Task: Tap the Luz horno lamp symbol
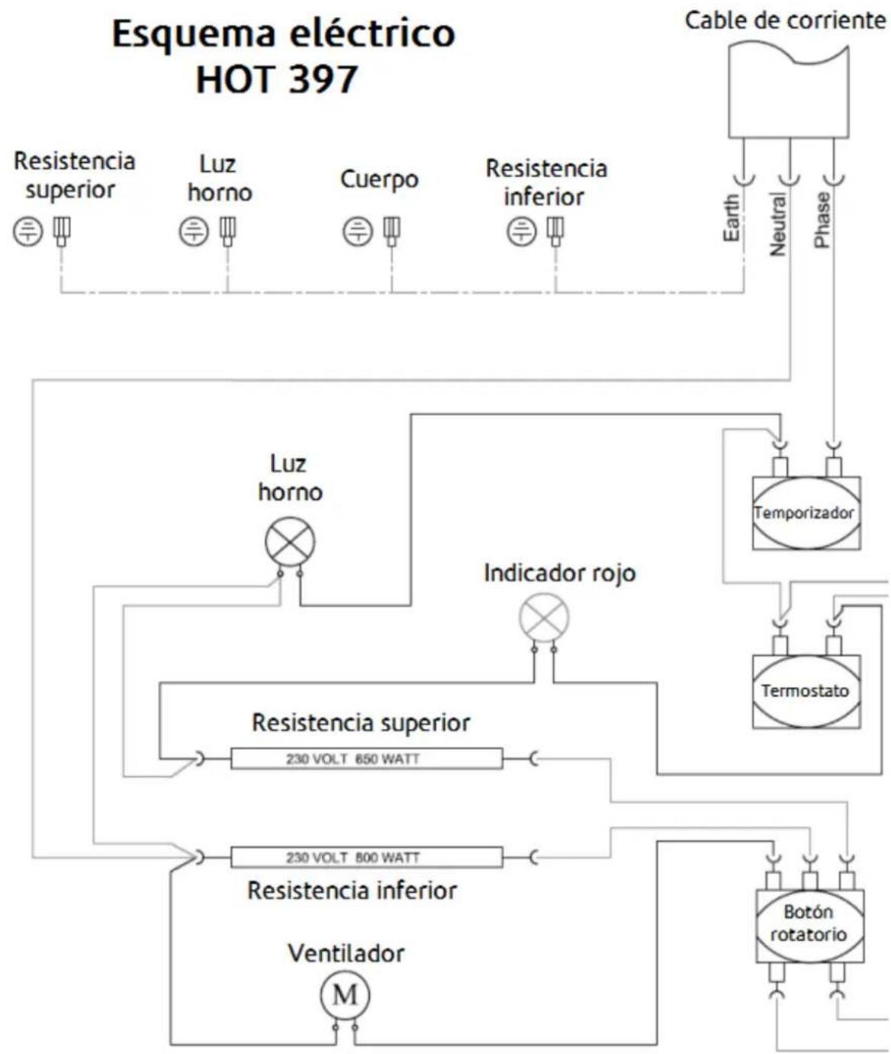(290, 541)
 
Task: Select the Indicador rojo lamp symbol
(543, 617)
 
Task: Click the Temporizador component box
(806, 512)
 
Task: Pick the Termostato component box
(806, 691)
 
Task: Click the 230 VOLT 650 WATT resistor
(366, 758)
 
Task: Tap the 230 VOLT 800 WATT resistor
(366, 857)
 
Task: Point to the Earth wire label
(731, 218)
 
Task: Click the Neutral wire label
(777, 224)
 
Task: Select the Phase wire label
(822, 220)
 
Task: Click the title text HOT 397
(277, 79)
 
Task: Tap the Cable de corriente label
(785, 21)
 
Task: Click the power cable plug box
(788, 91)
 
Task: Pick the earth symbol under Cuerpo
(358, 231)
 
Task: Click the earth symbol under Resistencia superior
(28, 231)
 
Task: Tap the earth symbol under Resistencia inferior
(522, 231)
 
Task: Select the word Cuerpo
(379, 179)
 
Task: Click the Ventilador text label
(346, 952)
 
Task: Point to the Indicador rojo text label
(560, 572)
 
